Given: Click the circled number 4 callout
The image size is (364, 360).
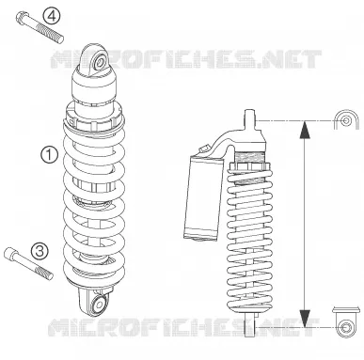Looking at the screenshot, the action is pyautogui.click(x=52, y=16).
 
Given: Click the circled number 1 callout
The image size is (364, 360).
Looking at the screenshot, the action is pyautogui.click(x=50, y=155).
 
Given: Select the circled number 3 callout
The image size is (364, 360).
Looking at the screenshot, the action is pyautogui.click(x=40, y=251).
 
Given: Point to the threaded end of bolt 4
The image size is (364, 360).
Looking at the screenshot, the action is pyautogui.click(x=51, y=34).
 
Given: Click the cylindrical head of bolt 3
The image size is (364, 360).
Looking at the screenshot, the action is pyautogui.click(x=10, y=253).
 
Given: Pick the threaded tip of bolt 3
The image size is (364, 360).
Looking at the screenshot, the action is pyautogui.click(x=44, y=273).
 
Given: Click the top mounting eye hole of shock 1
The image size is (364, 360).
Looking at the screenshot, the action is pyautogui.click(x=100, y=62).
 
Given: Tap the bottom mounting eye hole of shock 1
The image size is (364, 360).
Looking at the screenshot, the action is pyautogui.click(x=100, y=304).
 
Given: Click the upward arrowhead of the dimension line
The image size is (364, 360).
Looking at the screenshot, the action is pyautogui.click(x=305, y=130).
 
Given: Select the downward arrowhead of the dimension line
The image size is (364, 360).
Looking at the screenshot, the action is pyautogui.click(x=305, y=319).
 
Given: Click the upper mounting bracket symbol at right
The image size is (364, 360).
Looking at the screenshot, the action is pyautogui.click(x=346, y=119).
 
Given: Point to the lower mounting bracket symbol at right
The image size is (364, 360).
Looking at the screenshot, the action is pyautogui.click(x=346, y=322).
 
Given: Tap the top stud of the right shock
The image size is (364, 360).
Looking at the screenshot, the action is pyautogui.click(x=249, y=119).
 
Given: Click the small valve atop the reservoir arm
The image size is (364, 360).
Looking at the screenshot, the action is pyautogui.click(x=204, y=149).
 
